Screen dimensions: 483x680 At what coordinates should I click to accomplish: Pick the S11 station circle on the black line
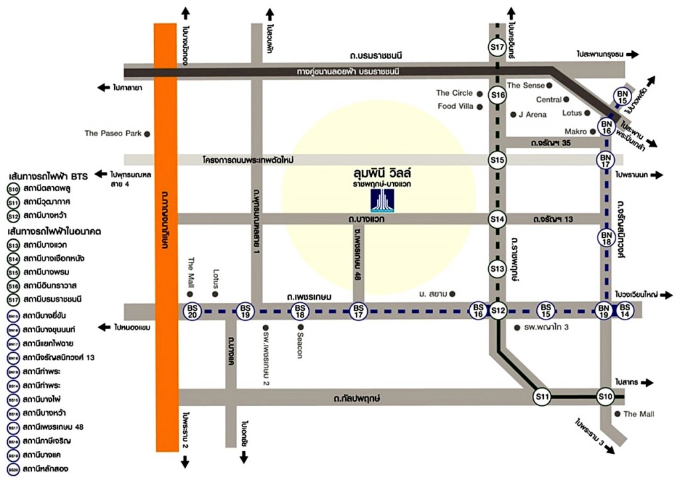pyautogui.click(x=543, y=397)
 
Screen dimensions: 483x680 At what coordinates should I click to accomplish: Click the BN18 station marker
pyautogui.click(x=606, y=237)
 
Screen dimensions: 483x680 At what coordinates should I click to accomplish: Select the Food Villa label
pyautogui.click(x=455, y=106)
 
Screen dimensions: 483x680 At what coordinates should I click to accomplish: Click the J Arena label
pyautogui.click(x=533, y=114)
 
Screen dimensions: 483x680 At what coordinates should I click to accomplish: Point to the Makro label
pyautogui.click(x=576, y=132)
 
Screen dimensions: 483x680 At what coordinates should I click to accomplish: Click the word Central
pyautogui.click(x=549, y=100)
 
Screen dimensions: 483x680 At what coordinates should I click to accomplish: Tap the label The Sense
pyautogui.click(x=525, y=85)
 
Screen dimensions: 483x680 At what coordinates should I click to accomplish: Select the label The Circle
pyautogui.click(x=454, y=93)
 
